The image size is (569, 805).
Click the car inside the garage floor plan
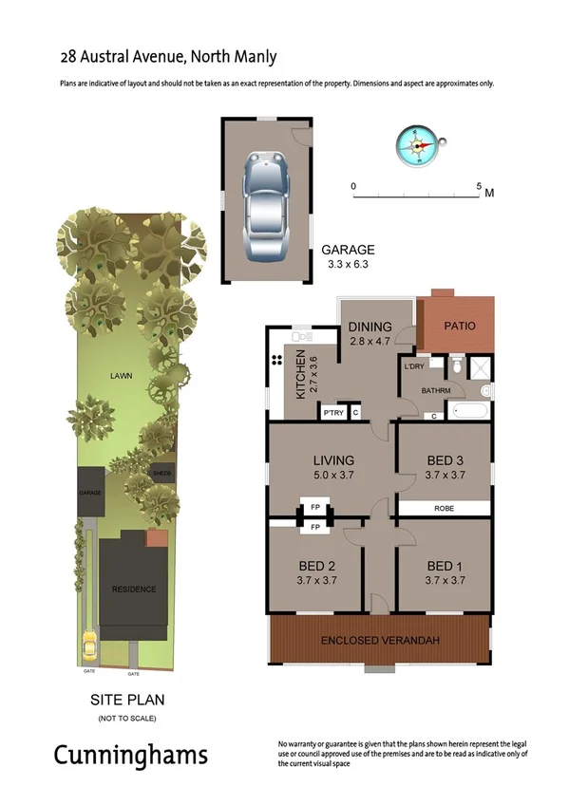click(x=267, y=207)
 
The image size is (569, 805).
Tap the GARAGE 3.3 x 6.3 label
click(x=347, y=257)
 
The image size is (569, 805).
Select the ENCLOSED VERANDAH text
click(x=380, y=642)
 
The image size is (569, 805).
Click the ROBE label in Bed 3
click(x=444, y=509)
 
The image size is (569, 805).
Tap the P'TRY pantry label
click(x=332, y=412)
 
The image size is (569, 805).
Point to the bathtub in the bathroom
click(x=467, y=412)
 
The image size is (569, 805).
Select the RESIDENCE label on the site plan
click(x=134, y=590)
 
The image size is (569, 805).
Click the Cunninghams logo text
click(x=130, y=756)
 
